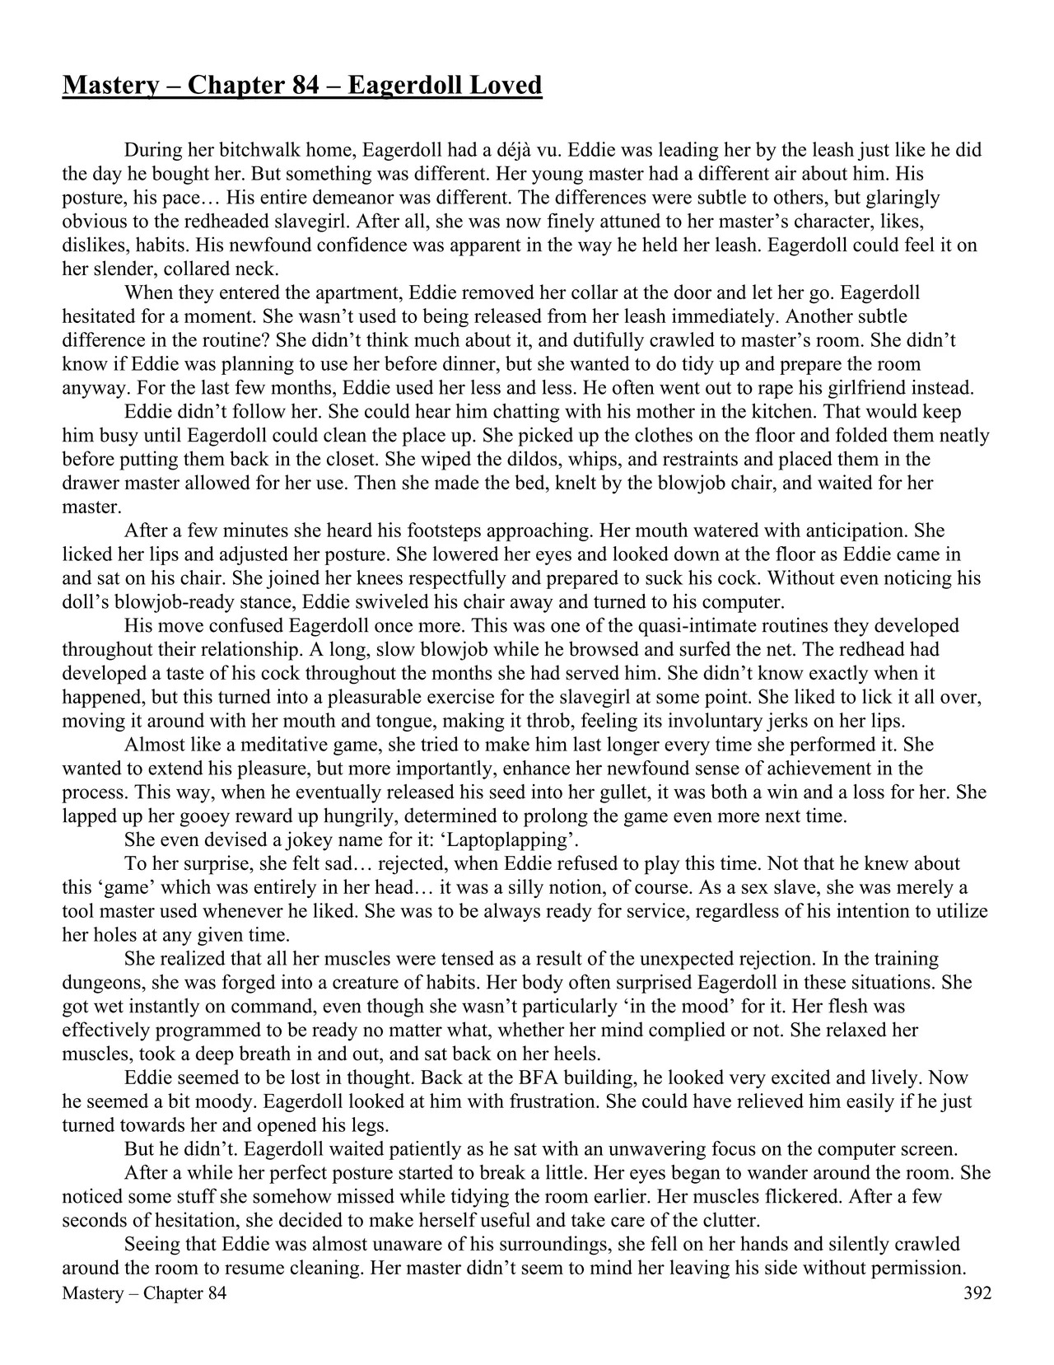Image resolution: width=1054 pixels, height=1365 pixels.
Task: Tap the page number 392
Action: pos(977,1293)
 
